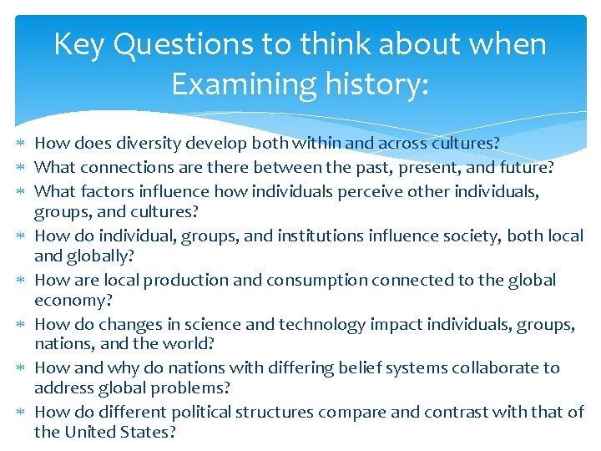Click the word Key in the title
pyautogui.click(x=79, y=44)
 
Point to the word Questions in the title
pyautogui.click(x=184, y=44)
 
